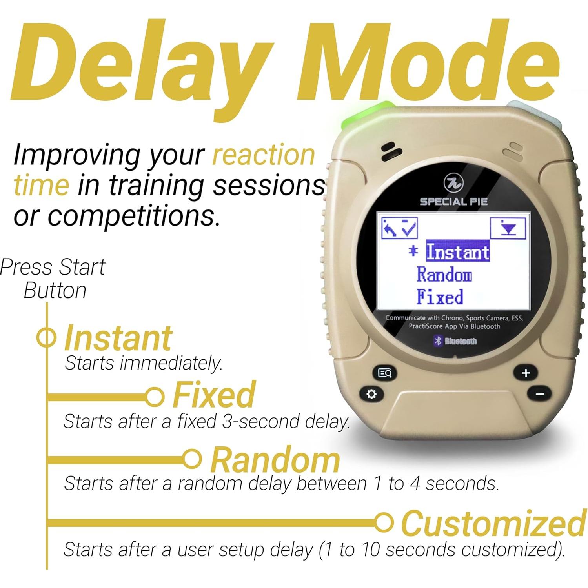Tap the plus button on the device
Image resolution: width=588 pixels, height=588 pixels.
click(x=526, y=373)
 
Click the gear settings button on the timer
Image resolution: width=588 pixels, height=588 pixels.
click(x=371, y=394)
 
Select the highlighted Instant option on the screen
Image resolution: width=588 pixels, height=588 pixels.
click(x=458, y=251)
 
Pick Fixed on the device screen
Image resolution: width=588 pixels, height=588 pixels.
click(x=440, y=297)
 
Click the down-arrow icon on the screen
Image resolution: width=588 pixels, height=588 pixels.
click(x=508, y=228)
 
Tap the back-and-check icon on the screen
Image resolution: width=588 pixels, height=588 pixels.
click(x=400, y=228)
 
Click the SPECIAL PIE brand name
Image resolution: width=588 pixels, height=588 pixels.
click(x=454, y=202)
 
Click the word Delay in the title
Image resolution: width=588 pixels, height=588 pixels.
click(x=142, y=62)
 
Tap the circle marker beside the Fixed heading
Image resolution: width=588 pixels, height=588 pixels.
click(x=155, y=397)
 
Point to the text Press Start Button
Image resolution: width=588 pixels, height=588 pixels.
click(x=53, y=279)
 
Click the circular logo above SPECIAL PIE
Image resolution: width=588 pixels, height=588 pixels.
click(x=454, y=183)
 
